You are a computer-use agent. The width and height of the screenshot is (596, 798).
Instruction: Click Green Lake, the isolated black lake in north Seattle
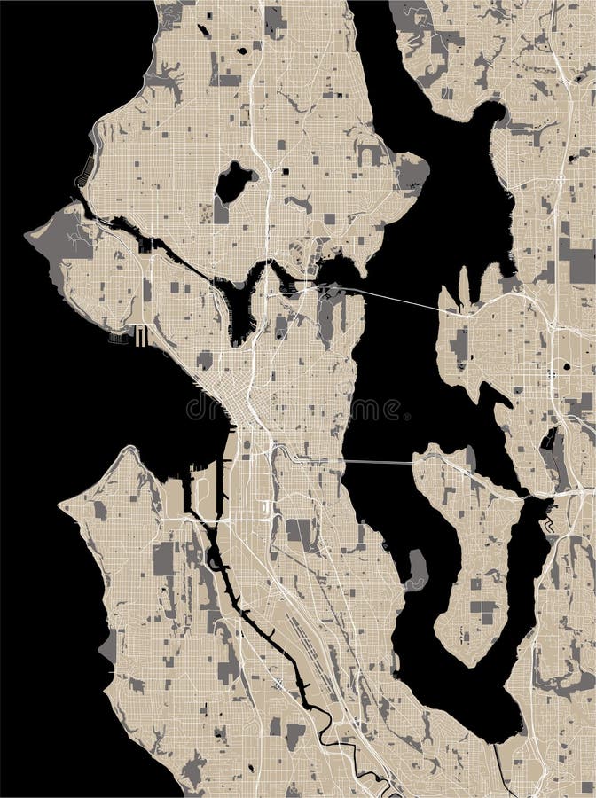[x=232, y=182]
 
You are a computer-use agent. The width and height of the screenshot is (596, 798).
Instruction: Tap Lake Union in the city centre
[x=239, y=306]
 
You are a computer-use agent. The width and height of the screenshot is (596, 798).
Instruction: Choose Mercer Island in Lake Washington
[x=470, y=550]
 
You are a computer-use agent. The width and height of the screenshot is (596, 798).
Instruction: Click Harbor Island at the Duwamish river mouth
[x=202, y=492]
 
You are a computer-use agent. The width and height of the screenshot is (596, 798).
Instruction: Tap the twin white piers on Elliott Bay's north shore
[x=139, y=334]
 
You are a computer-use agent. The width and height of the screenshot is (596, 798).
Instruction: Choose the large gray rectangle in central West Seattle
[x=163, y=559]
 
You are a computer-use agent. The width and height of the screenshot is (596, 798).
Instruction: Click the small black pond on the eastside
[x=565, y=365]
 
